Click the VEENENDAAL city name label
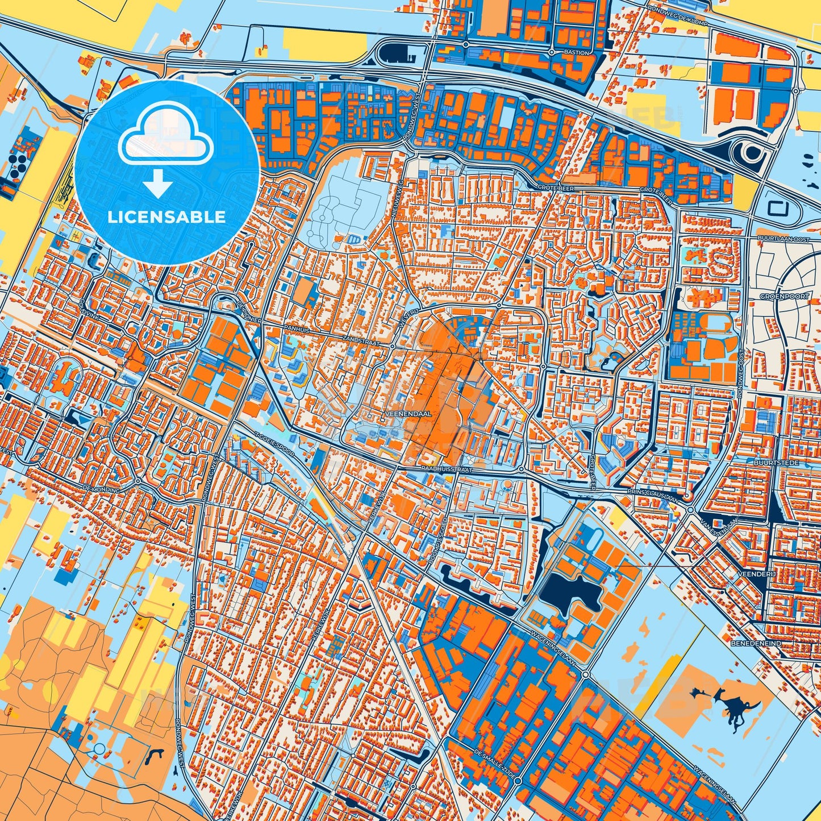click(409, 414)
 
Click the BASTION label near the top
click(577, 52)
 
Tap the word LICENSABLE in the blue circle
click(167, 217)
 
